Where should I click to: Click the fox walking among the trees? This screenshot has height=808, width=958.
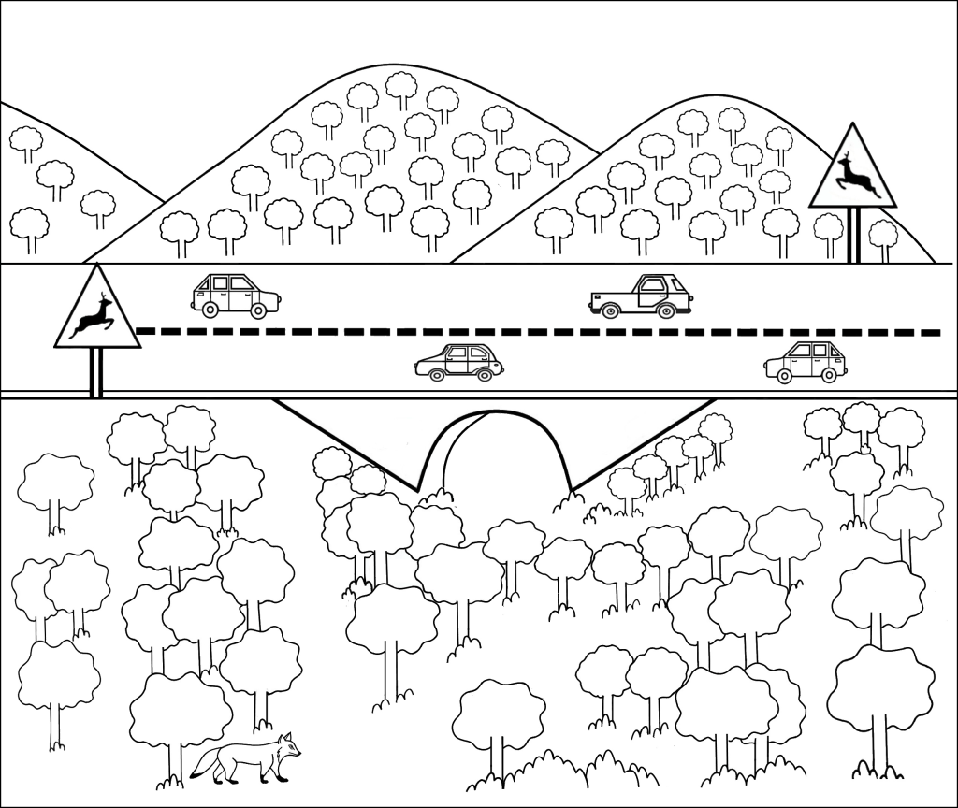[x=248, y=758]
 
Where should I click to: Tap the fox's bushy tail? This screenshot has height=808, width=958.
[x=205, y=765]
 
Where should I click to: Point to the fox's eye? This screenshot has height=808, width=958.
[x=288, y=745]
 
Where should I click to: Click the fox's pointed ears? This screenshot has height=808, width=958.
[x=284, y=737]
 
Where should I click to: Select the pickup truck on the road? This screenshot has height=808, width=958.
[x=642, y=296]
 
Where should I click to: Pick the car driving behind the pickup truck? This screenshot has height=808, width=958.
[x=236, y=296]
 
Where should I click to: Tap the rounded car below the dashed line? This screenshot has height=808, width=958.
[x=458, y=363]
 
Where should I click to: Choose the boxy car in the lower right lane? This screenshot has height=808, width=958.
[x=806, y=362]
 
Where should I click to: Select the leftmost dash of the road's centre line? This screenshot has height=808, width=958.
[x=145, y=331]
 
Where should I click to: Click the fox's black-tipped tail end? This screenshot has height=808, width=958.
[x=195, y=774]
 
